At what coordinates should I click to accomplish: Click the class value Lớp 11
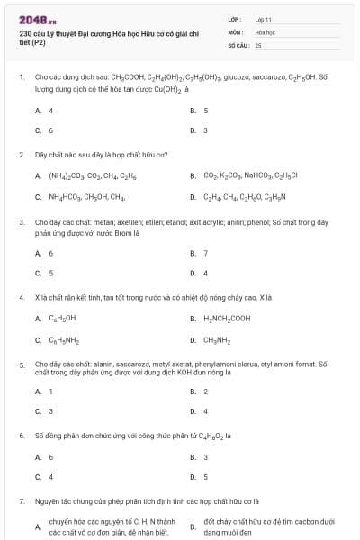263,19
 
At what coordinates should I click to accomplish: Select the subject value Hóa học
265,31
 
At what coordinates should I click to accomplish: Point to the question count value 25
258,44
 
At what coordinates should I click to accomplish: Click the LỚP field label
236,19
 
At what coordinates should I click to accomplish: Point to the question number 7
21,500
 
